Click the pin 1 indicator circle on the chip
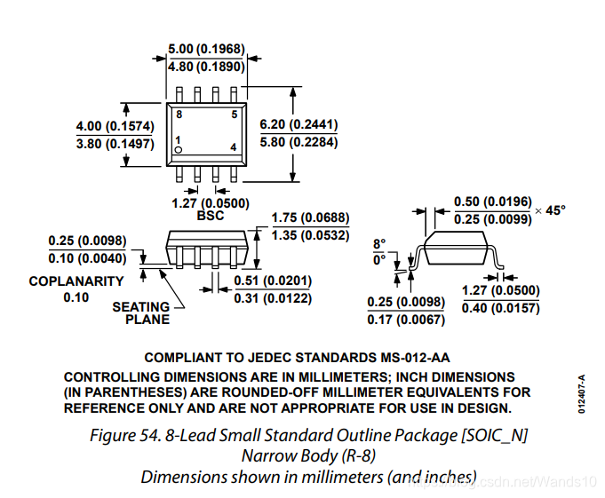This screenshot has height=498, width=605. pos(178,150)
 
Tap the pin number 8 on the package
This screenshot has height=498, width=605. pos(179,115)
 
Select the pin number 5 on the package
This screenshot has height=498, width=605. pos(235,115)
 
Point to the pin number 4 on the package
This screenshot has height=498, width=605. pos(234,147)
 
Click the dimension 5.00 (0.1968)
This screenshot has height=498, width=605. pos(206,49)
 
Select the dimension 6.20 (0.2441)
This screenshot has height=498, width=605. pos(299,124)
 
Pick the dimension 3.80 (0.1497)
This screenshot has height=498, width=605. pos(115,144)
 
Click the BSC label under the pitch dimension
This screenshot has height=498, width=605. pos(211,216)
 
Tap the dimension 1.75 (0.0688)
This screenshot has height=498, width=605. pos(310,217)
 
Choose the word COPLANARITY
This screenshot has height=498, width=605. pos(76,281)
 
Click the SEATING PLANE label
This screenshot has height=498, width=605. pos(141,313)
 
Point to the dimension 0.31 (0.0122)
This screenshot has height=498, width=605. pos(273,298)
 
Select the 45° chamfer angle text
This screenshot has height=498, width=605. pos(555,210)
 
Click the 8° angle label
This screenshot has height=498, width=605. pos(379,244)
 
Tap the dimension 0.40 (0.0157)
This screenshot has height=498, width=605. pos(500,308)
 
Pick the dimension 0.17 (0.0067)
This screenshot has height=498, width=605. pos(406,320)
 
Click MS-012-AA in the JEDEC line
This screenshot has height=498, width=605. pos(415,358)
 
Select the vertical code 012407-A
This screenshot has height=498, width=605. pos(582,394)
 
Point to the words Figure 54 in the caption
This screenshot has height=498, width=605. pos(124,436)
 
